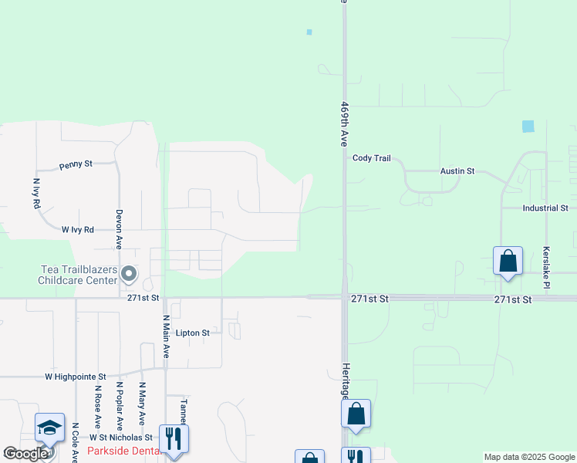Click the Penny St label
pos(76,164)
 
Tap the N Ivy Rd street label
pos(36,194)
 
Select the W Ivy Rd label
pos(78,229)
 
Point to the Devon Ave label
pos(120,228)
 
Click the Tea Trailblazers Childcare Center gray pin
pos(129,274)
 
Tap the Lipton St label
pos(193,333)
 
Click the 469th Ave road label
pos(345,123)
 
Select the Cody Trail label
pos(372,158)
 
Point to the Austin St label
pos(457,171)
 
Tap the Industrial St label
pos(545,208)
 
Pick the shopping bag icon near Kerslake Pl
pos(508,261)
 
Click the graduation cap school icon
pos(49,428)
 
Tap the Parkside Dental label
pos(123,451)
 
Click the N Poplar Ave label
pos(120,405)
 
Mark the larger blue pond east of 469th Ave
pos(528,127)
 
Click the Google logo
pos(25,454)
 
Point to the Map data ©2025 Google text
pos(528,457)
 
